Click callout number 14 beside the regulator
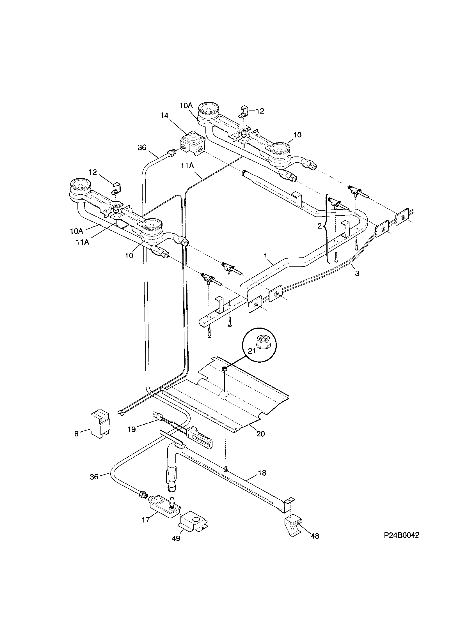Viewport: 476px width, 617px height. (x=164, y=115)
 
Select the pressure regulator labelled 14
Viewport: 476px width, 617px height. (x=192, y=144)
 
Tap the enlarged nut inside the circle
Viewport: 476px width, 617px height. (x=259, y=342)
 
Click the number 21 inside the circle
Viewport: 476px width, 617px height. (x=251, y=351)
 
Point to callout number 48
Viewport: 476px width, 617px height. (x=315, y=536)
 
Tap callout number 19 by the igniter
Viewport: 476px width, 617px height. (x=131, y=437)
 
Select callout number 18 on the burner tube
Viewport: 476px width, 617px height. (x=262, y=473)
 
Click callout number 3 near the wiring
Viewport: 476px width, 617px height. (x=357, y=273)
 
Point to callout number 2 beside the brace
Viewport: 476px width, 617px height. (x=319, y=226)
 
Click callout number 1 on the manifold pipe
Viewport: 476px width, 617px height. (x=266, y=255)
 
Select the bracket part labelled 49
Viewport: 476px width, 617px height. (x=193, y=519)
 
